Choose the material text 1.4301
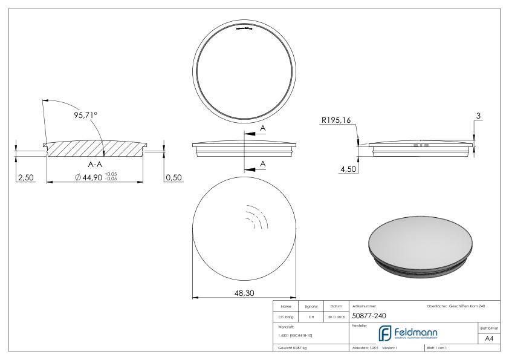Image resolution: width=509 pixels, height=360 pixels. click(x=294, y=335)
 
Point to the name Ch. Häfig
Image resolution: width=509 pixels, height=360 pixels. click(x=287, y=316)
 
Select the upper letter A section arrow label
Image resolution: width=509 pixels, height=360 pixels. click(x=262, y=128)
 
